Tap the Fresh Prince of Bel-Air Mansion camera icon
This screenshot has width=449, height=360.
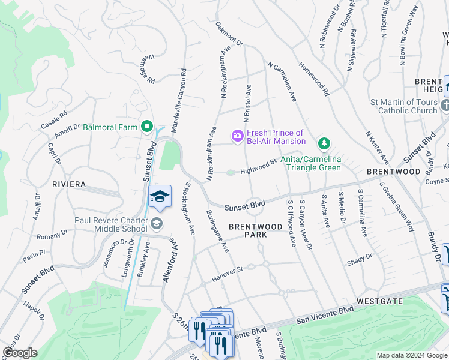point(238,137)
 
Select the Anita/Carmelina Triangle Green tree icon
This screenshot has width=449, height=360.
point(324,143)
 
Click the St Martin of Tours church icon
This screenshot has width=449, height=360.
point(444,106)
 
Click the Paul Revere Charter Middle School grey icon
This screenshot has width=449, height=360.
point(156,224)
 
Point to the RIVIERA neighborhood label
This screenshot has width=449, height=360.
point(69,184)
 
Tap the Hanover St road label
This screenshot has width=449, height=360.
point(227,274)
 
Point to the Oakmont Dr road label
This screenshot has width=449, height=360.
point(229,43)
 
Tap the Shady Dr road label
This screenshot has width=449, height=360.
point(360,259)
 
